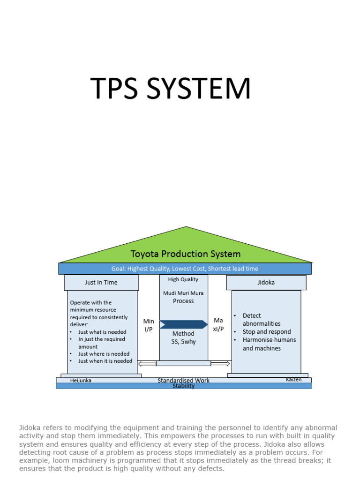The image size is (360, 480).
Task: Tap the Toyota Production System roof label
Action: pos(185,254)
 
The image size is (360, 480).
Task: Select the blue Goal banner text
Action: pos(185,269)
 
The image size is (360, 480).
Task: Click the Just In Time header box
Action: pos(101,283)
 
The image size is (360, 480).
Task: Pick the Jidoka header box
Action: pos(266,283)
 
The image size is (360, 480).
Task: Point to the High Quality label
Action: pos(183,279)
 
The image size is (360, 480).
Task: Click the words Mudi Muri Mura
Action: pos(183,293)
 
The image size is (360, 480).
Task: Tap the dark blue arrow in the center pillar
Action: pos(183,324)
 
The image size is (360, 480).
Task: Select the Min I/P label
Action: pos(149,325)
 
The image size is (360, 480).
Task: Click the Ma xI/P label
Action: pos(218,324)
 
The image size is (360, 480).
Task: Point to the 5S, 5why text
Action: pos(184,342)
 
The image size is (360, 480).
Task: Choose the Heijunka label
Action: pos(81,381)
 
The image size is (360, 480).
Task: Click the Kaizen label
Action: pos(293,379)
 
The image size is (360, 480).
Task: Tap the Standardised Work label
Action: pos(183,380)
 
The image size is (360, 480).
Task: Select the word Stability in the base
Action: pos(183,386)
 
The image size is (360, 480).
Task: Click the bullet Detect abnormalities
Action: pos(262,319)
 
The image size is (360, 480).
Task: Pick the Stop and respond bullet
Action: pos(266,332)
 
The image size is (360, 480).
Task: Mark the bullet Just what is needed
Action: pos(102,332)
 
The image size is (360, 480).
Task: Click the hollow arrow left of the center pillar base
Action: pos(147,363)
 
